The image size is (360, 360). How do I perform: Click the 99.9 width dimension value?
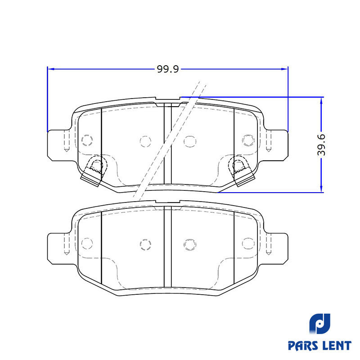(x=167, y=69)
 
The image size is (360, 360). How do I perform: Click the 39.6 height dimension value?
(x=321, y=145)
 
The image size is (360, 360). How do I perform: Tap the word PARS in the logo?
(x=302, y=346)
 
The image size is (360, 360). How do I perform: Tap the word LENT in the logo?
(x=336, y=346)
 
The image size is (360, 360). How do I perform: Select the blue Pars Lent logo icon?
(x=319, y=324)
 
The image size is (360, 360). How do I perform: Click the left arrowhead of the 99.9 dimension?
(x=50, y=69)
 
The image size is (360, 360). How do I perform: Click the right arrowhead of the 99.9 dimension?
(x=285, y=69)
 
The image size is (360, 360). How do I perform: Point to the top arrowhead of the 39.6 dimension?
(x=321, y=100)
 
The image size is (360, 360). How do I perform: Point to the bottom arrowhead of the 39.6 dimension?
(x=321, y=189)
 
